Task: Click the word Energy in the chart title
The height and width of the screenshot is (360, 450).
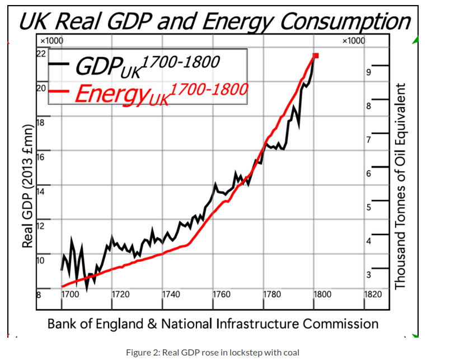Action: coord(237,22)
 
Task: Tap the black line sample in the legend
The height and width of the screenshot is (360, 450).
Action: coord(59,64)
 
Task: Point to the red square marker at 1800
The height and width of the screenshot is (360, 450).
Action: coord(316,55)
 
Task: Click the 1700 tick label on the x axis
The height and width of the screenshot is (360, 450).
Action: coord(70,293)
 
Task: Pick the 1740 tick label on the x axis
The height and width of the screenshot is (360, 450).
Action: coord(171,293)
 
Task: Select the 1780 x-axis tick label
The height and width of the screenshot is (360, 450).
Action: coord(272,293)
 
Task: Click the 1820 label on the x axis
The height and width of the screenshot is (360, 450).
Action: coord(373,293)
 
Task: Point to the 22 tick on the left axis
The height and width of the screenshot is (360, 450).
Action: coord(41,54)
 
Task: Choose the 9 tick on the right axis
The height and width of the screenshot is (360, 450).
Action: coord(369,72)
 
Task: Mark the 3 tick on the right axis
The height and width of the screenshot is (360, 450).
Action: coord(369,275)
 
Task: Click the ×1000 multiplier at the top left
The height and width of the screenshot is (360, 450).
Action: coord(51,41)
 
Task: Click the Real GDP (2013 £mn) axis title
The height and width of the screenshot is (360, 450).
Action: coord(26,185)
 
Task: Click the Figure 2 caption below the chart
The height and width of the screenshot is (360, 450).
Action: coord(213,352)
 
